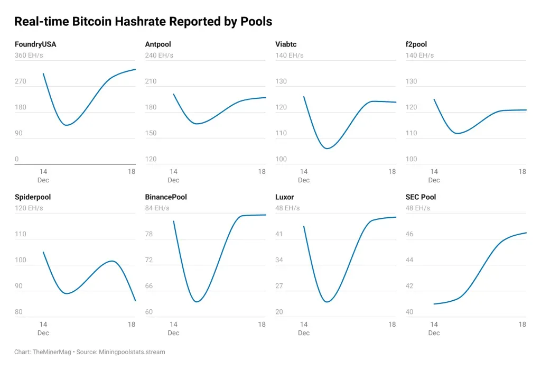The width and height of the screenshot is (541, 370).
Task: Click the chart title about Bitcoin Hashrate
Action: click(143, 22)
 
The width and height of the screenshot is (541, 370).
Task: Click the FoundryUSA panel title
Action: click(35, 44)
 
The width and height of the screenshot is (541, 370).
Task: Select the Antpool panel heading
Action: click(158, 44)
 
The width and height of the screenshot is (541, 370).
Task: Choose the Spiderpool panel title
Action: click(33, 197)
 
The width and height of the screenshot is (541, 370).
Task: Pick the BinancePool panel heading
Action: click(166, 197)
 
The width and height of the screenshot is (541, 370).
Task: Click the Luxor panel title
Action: click(285, 197)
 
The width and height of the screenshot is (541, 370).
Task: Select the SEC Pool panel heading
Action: click(421, 197)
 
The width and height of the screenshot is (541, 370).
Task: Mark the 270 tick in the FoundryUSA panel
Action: click(21, 81)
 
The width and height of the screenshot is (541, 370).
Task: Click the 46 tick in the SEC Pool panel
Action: click(409, 234)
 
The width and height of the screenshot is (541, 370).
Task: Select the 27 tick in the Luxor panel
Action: click(279, 286)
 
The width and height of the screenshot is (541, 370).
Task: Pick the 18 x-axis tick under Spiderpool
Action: click(132, 324)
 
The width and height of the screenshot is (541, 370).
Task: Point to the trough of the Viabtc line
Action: click(327, 149)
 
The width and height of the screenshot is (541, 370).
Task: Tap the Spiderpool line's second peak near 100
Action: click(111, 261)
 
